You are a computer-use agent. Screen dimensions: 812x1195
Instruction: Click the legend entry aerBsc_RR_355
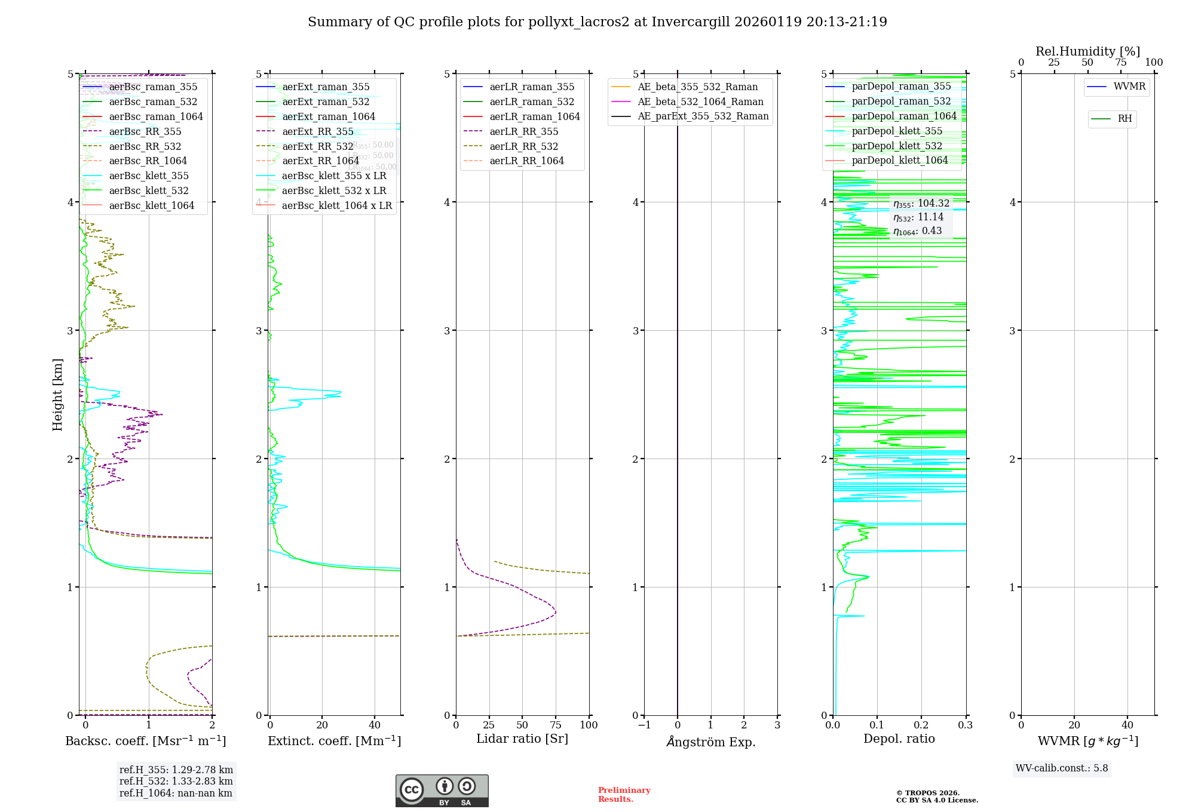point(145,131)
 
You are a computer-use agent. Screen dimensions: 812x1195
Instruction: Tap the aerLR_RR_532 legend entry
point(523,146)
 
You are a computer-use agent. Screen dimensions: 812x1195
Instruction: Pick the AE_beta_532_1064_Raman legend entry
point(700,101)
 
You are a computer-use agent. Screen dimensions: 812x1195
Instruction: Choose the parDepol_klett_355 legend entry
point(896,131)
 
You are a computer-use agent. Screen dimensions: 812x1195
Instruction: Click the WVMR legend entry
point(1129,87)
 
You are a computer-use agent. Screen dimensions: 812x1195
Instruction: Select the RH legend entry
point(1124,119)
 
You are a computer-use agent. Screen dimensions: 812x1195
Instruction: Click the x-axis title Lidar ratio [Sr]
point(522,739)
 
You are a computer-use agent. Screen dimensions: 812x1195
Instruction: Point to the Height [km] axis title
point(57,394)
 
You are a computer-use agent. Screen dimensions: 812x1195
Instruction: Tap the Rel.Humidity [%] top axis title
point(1087,51)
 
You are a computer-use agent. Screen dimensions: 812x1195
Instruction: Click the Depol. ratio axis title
point(899,739)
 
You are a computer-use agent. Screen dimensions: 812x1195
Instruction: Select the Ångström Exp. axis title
point(710,742)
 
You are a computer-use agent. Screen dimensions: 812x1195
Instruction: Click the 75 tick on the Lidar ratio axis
point(556,725)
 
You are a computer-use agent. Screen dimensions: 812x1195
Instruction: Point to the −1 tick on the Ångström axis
point(644,725)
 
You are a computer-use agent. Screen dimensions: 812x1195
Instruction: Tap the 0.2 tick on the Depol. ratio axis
point(921,725)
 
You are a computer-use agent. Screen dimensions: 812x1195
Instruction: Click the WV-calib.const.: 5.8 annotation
point(1061,768)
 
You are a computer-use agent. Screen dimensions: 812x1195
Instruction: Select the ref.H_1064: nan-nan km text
point(176,793)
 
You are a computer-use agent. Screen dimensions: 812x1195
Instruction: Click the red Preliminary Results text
point(624,795)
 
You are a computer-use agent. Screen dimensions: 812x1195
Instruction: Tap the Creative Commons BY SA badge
point(442,791)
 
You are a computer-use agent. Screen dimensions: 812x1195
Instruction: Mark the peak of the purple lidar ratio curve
point(556,612)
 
